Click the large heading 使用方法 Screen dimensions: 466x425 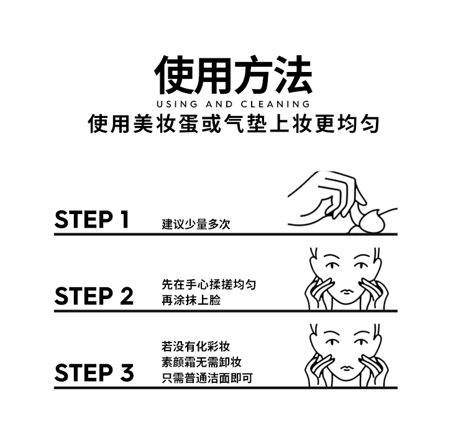[x=233, y=74]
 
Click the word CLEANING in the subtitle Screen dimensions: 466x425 [x=275, y=104]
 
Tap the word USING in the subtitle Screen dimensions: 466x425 [x=177, y=104]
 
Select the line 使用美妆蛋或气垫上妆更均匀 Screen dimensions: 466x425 [x=234, y=123]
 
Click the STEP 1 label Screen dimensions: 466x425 [x=92, y=220]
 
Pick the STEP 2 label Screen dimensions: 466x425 [x=94, y=296]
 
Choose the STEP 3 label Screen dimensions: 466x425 [x=94, y=372]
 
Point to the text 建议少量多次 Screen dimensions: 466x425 [x=196, y=224]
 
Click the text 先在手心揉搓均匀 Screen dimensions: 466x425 [x=209, y=284]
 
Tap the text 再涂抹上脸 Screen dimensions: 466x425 [x=191, y=300]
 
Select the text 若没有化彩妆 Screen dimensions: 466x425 [x=196, y=346]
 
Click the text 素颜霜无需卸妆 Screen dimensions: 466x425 [x=201, y=362]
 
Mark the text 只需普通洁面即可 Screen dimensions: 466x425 [x=207, y=378]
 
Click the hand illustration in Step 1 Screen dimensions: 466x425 [x=327, y=199]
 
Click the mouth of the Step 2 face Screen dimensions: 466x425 [x=345, y=290]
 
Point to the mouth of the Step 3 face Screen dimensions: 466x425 [x=345, y=367]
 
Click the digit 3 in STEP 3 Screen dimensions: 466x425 [x=127, y=372]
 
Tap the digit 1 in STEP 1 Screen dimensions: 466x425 [x=125, y=220]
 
